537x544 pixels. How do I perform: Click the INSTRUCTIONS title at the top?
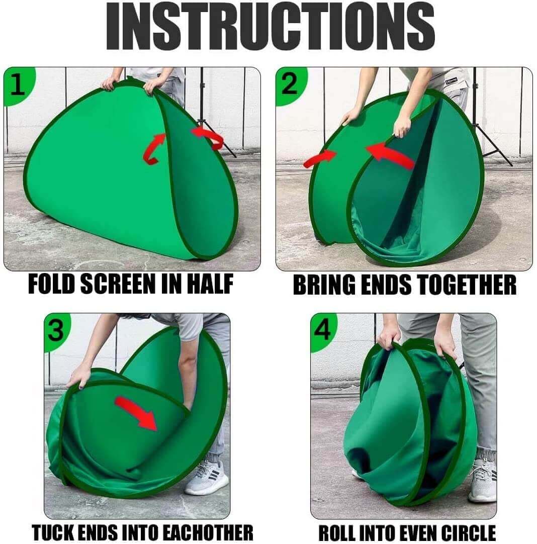click(x=270, y=27)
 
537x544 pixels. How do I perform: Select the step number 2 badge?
click(x=290, y=85)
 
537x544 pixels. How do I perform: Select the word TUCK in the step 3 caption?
click(x=51, y=532)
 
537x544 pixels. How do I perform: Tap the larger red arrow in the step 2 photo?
click(x=390, y=156)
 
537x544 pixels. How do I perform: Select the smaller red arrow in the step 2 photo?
click(x=320, y=159)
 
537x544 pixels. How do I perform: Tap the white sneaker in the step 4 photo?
click(x=482, y=481)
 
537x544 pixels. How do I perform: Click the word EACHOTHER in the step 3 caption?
click(x=208, y=532)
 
